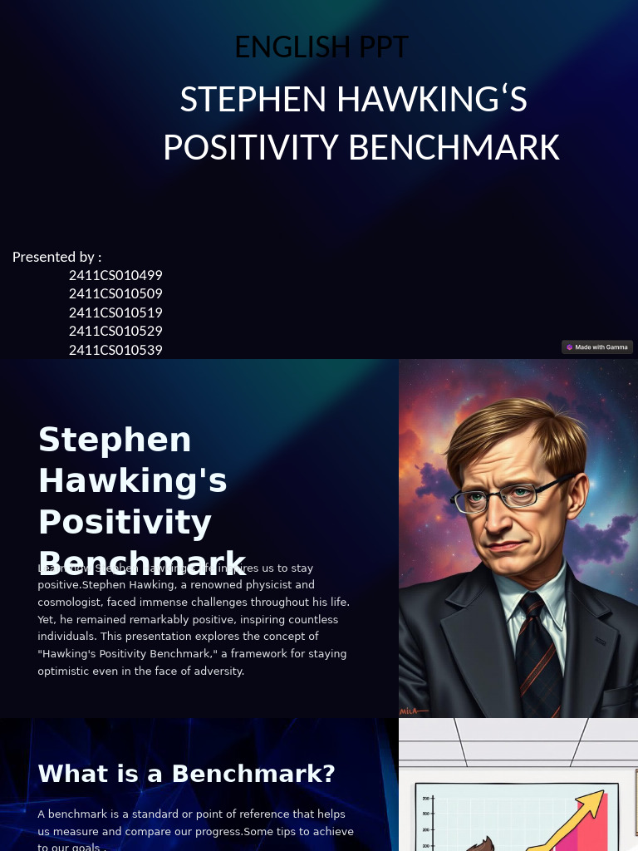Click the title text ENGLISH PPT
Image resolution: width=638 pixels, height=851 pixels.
coord(321,47)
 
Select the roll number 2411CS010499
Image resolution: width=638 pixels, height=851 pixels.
coord(115,275)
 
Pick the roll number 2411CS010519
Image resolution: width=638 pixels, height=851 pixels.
coord(115,312)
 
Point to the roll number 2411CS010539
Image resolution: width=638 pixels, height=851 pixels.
coord(115,350)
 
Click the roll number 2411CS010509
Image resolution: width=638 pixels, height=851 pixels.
coord(115,293)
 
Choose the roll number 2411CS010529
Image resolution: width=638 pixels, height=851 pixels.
coord(115,331)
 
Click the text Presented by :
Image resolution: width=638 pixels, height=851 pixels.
coord(56,257)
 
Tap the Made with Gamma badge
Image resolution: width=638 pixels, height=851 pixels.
coord(597,347)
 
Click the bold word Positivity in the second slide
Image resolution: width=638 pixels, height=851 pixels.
coord(125,522)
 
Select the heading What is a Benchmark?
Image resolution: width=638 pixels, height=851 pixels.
coord(186,774)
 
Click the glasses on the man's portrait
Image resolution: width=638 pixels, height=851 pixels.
coord(498,497)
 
